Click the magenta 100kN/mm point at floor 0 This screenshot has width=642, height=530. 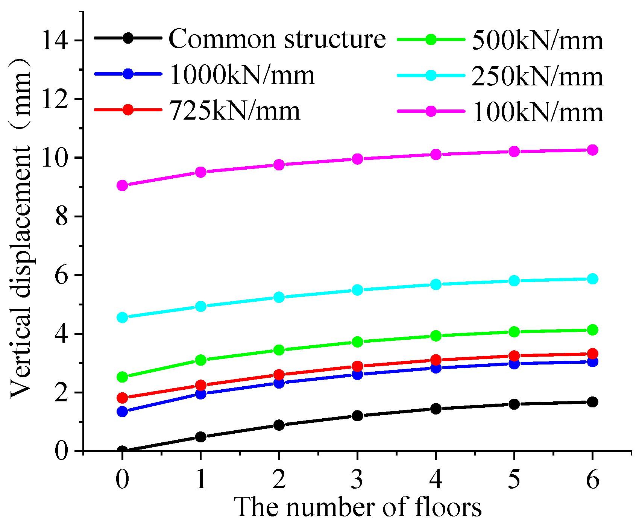(x=122, y=185)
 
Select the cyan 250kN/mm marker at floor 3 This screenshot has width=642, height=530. (x=357, y=290)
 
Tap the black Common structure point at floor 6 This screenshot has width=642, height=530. (x=592, y=402)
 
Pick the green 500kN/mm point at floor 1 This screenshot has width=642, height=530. (x=201, y=360)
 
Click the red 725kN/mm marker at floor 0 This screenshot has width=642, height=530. (x=122, y=398)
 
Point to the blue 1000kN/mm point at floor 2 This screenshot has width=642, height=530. (x=279, y=383)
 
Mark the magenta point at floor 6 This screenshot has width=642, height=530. (x=592, y=150)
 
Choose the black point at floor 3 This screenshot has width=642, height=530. (x=357, y=416)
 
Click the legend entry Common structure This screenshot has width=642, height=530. (x=277, y=38)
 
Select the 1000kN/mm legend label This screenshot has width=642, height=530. (x=242, y=74)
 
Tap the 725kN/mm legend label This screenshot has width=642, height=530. (x=235, y=111)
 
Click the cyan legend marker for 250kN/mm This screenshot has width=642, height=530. (x=431, y=75)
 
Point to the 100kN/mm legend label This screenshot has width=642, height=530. (x=537, y=112)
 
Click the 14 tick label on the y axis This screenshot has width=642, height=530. (x=57, y=40)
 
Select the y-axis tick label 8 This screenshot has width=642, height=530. (x=63, y=217)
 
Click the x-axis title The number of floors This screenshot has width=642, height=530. (x=358, y=507)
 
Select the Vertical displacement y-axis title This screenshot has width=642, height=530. (x=21, y=229)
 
